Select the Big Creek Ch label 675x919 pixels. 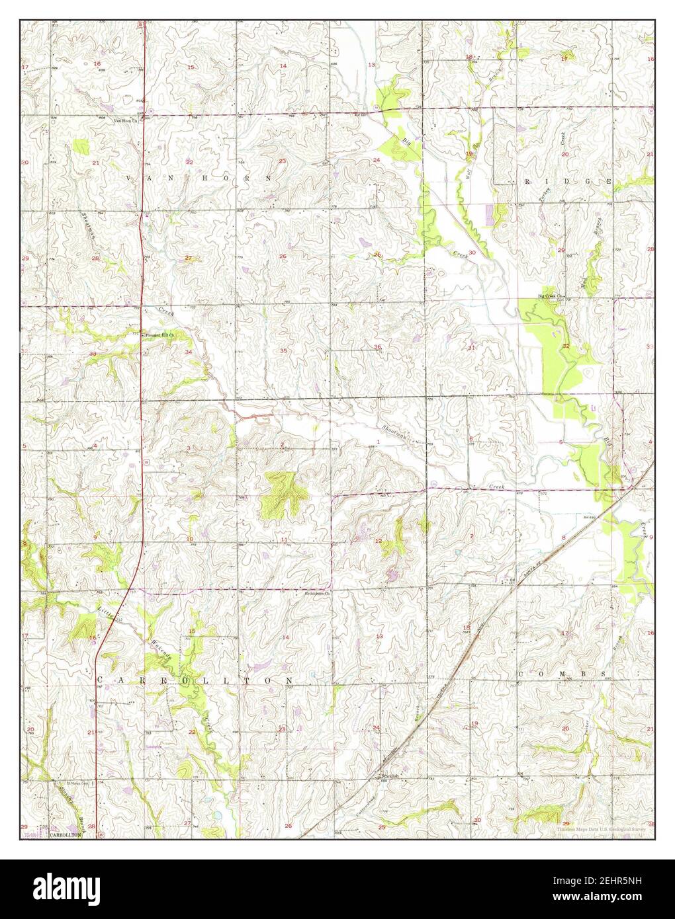549,296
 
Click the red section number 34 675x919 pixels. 189,352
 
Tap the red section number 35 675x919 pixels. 283,350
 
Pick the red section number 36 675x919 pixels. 377,347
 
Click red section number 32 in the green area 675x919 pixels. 566,346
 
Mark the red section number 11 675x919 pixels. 283,540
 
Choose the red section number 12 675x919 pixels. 378,541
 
